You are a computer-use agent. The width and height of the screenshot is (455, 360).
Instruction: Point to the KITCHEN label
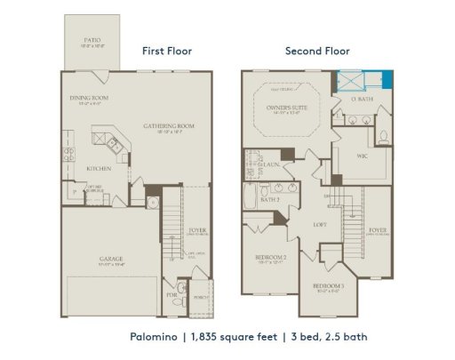point(97,168)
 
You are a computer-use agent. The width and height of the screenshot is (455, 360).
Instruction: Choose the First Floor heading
point(167,51)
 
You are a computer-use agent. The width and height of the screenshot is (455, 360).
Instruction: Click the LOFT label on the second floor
point(321,225)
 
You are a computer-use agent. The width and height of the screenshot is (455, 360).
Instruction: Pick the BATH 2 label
point(270,200)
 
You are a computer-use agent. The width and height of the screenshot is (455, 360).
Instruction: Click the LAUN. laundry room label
point(272,164)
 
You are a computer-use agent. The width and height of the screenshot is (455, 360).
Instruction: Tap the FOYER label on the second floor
point(379,230)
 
